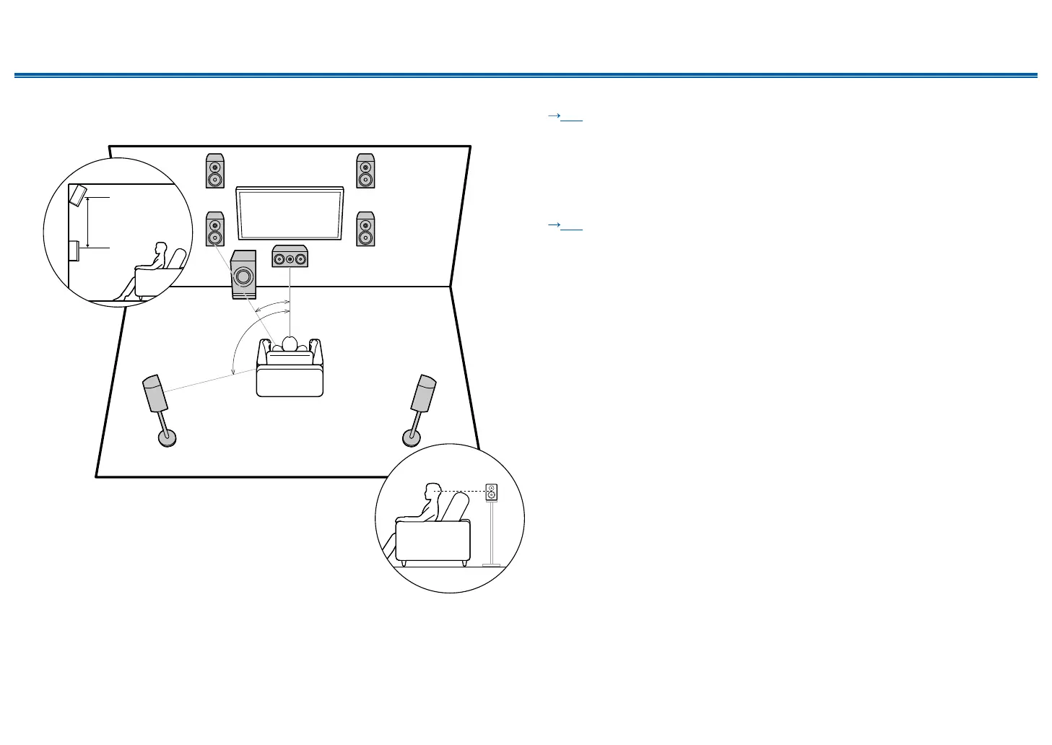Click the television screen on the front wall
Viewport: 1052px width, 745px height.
(290, 214)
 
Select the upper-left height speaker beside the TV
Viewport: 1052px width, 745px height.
(215, 171)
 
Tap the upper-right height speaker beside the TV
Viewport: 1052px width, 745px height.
(365, 171)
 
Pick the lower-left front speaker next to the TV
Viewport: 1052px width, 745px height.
(215, 229)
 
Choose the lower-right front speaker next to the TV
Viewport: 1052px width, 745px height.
(365, 229)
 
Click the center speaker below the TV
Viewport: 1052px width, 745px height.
(290, 257)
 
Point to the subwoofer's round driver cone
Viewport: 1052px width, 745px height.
(243, 276)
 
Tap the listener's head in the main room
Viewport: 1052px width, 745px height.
(290, 343)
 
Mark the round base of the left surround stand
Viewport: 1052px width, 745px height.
(168, 437)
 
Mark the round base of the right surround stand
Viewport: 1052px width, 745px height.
(412, 437)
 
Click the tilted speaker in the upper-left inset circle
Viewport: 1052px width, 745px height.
(78, 196)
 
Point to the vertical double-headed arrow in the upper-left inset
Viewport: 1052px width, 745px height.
(87, 222)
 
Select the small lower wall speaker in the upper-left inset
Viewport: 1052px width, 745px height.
(74, 250)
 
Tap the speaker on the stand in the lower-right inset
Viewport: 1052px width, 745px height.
(492, 492)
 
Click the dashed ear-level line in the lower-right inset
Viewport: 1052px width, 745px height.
(462, 492)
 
